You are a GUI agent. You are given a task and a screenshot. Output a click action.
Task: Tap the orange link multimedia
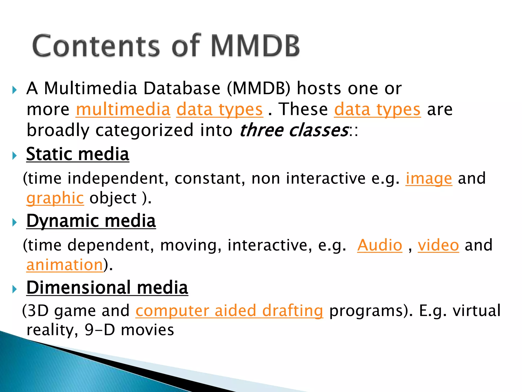tap(123, 109)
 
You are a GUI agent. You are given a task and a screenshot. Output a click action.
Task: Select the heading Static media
tap(78, 154)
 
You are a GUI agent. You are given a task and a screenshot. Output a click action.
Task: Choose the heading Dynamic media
tap(91, 221)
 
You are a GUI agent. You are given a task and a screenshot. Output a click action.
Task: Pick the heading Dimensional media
tap(107, 288)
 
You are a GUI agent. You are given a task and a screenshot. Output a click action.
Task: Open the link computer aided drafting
tap(229, 311)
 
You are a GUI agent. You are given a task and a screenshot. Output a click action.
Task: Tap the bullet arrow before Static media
tap(15, 155)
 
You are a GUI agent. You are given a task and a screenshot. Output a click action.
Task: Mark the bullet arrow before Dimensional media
tap(15, 289)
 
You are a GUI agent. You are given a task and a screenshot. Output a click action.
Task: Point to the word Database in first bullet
tap(182, 88)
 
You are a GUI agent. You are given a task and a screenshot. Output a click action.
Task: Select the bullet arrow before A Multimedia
tap(15, 90)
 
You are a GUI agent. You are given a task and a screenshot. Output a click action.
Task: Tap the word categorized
tap(144, 130)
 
